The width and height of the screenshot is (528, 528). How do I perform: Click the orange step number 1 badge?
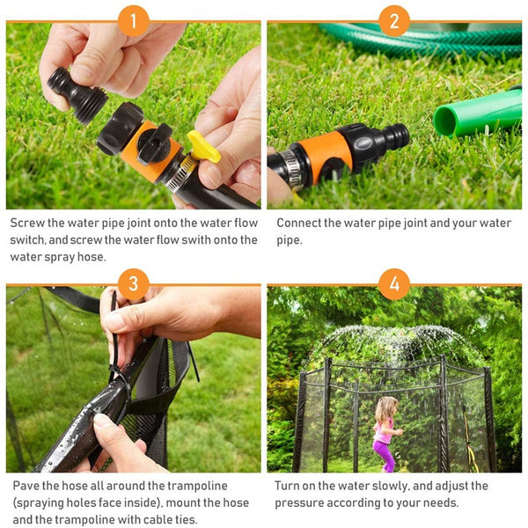click(134, 21)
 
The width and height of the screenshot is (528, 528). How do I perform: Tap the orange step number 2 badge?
click(394, 21)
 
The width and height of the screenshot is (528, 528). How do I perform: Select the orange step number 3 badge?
click(134, 284)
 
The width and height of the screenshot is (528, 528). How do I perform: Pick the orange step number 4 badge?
click(394, 284)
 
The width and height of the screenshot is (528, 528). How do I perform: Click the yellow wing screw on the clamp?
click(203, 147)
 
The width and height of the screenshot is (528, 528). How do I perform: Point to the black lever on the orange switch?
click(155, 144)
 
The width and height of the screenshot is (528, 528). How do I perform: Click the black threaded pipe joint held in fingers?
click(77, 94)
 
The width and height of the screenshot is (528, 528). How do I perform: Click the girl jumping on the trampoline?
click(386, 434)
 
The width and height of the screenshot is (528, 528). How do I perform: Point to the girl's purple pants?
click(385, 455)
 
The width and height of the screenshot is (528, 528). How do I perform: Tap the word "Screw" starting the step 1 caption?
click(27, 223)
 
